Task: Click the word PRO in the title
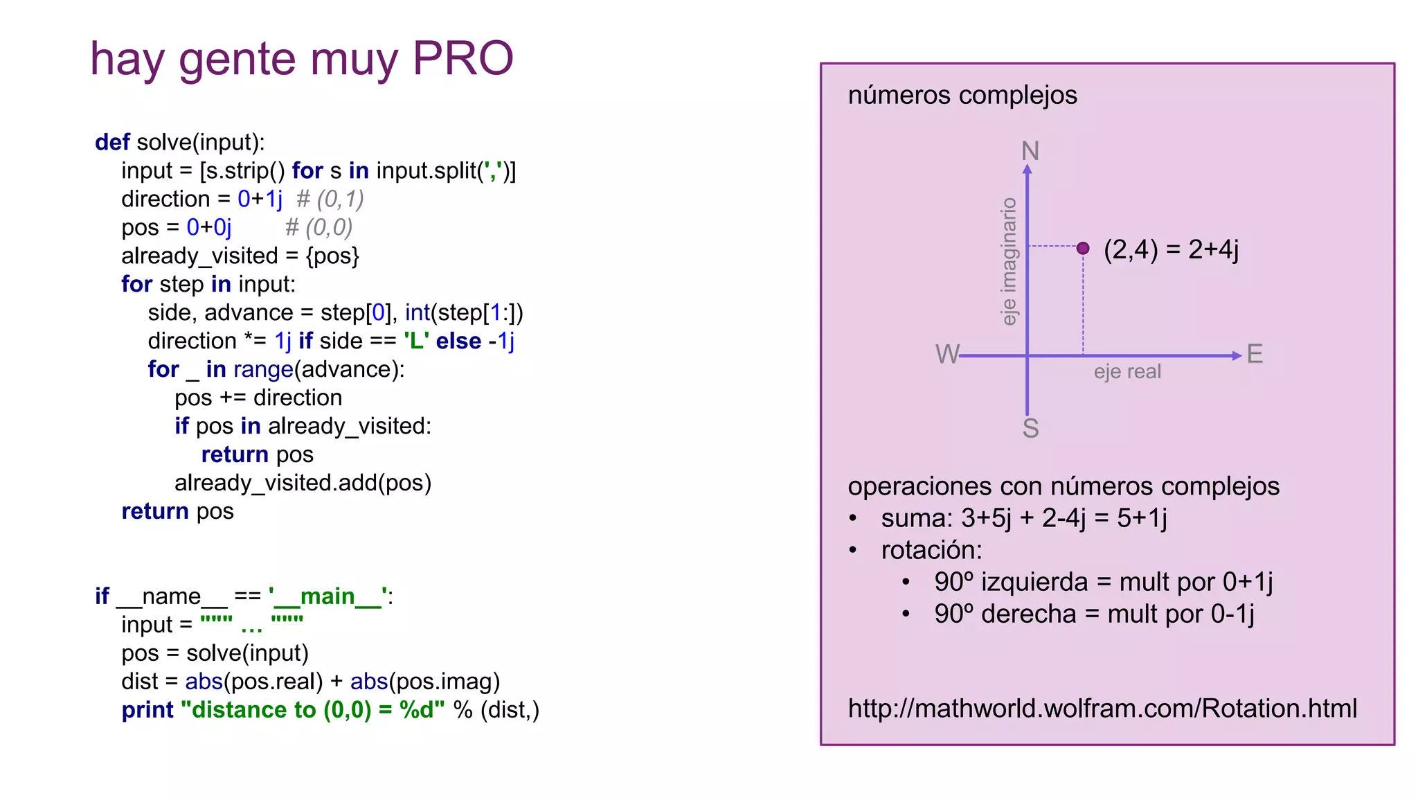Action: pos(463,58)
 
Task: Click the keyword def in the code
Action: pos(112,142)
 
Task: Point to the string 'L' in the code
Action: pos(416,341)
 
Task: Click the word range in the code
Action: pos(264,369)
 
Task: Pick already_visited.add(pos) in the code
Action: pos(303,483)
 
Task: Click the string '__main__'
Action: pos(328,596)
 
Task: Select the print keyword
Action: pos(147,710)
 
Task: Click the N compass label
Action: pos(1030,151)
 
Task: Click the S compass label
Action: pos(1030,429)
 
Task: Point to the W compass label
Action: pos(946,354)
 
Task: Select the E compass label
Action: pos(1255,354)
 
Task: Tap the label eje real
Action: pos(1127,372)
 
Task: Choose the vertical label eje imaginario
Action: pos(1009,261)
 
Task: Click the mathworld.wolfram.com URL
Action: pos(1102,709)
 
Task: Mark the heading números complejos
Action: pos(962,95)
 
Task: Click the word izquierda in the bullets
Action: pos(1034,582)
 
